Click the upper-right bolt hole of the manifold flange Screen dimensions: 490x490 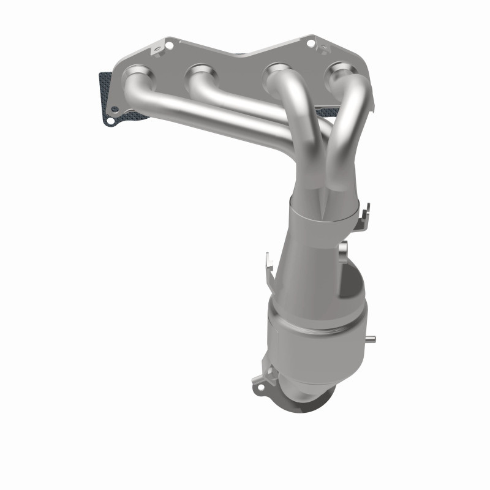click(x=311, y=43)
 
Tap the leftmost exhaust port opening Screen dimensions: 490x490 click(x=136, y=78)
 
